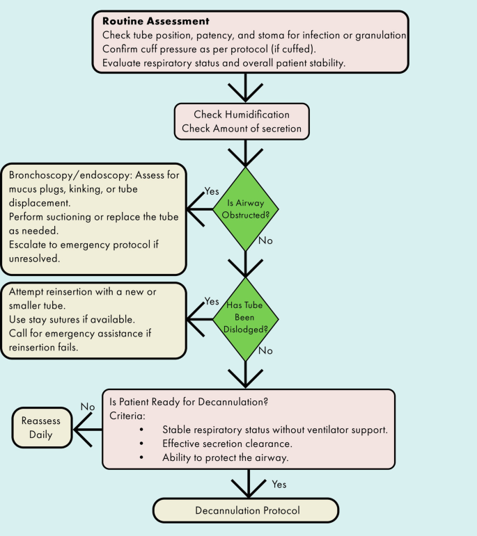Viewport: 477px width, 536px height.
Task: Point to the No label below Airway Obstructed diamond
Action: (265, 241)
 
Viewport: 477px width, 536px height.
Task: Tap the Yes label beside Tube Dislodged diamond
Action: (212, 301)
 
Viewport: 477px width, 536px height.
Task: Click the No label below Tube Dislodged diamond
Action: (265, 351)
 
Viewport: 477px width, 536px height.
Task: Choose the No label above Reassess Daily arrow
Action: (87, 407)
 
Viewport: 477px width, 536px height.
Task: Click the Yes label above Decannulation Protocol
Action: (278, 484)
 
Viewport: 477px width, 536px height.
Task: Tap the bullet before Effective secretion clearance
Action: (142, 443)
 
